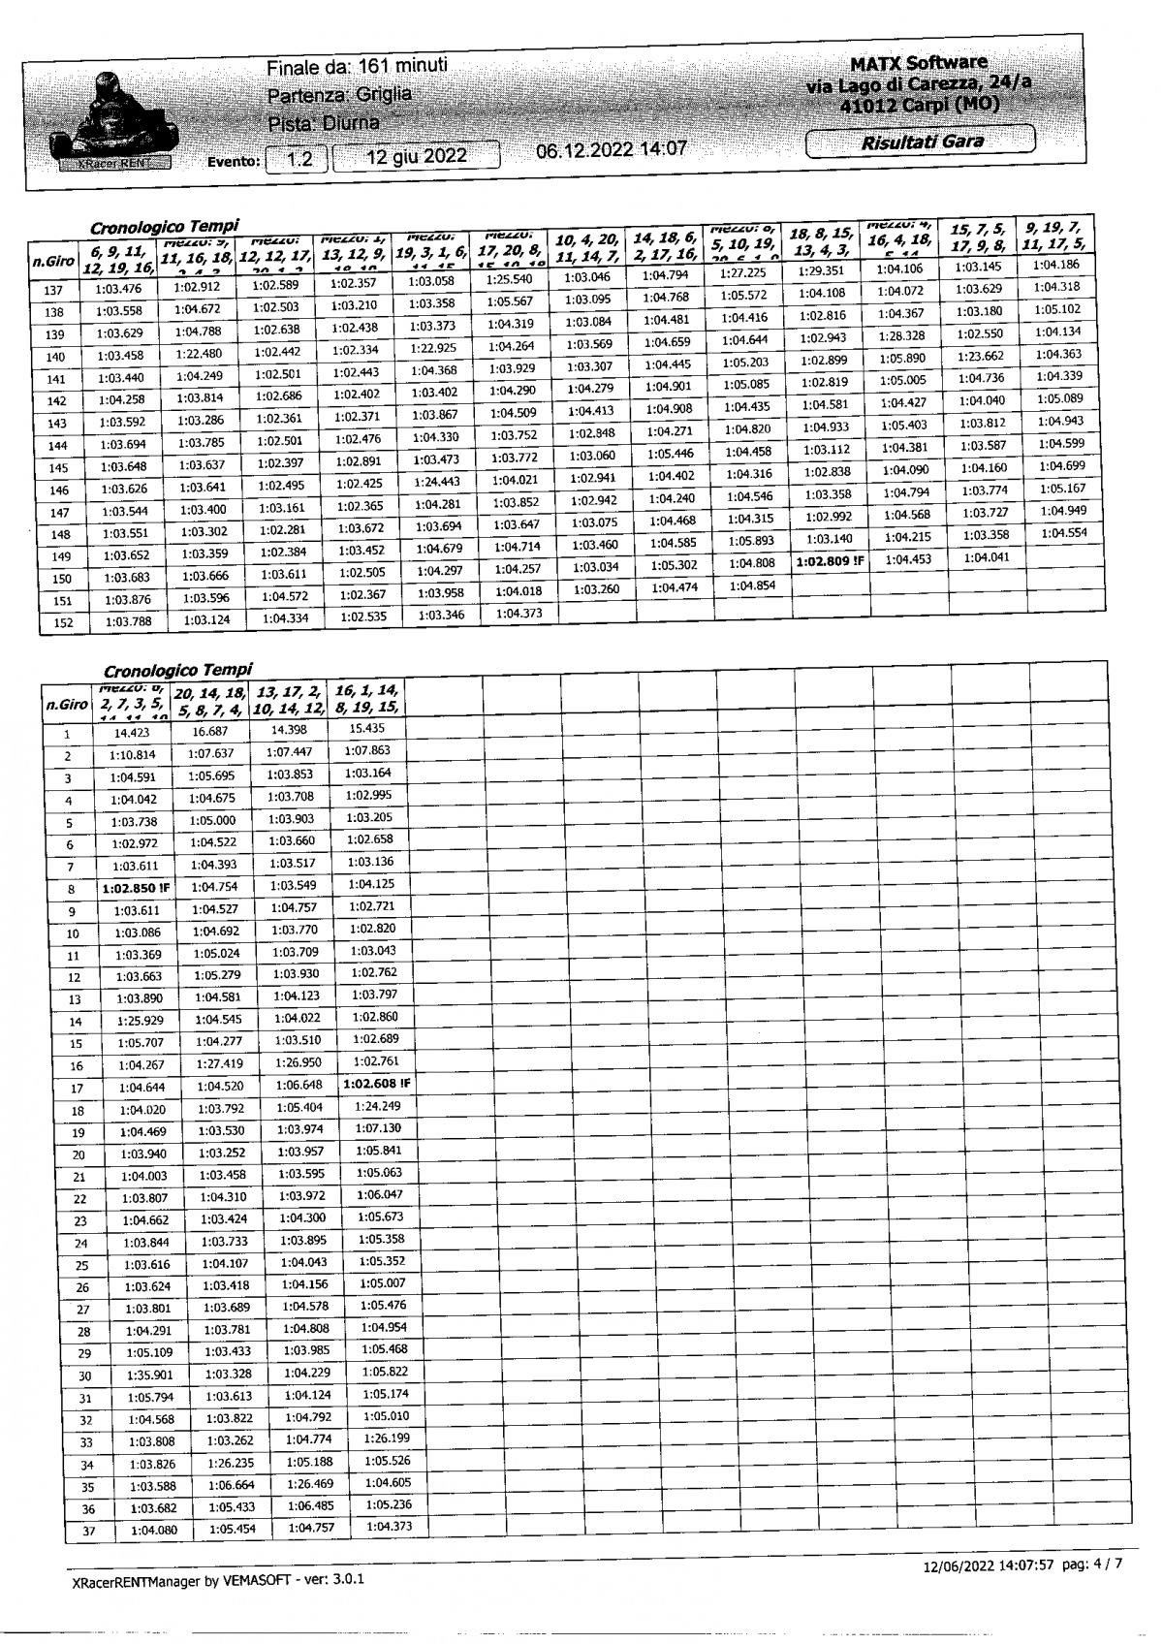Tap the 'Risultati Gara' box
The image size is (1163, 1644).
[920, 142]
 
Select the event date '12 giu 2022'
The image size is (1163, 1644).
[417, 157]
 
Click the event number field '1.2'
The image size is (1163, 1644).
[299, 159]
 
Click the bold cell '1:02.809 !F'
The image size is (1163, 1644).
[830, 561]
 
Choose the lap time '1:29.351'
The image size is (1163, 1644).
[824, 270]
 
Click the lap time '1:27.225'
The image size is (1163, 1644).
[743, 273]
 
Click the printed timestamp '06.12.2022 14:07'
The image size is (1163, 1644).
[611, 148]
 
